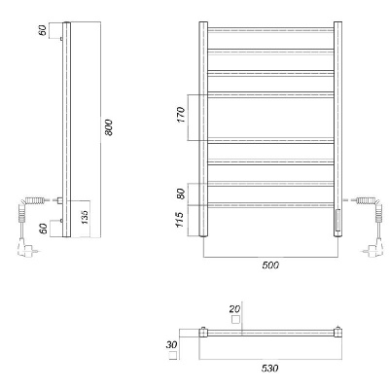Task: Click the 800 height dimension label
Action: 109,127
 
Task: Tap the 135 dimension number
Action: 85,217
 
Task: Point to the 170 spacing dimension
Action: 181,115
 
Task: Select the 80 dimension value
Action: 181,194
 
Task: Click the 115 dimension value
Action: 180,220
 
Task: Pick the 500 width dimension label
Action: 270,265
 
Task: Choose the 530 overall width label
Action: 269,369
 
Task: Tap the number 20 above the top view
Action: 234,309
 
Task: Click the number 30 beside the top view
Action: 171,345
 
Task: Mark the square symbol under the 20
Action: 236,320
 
